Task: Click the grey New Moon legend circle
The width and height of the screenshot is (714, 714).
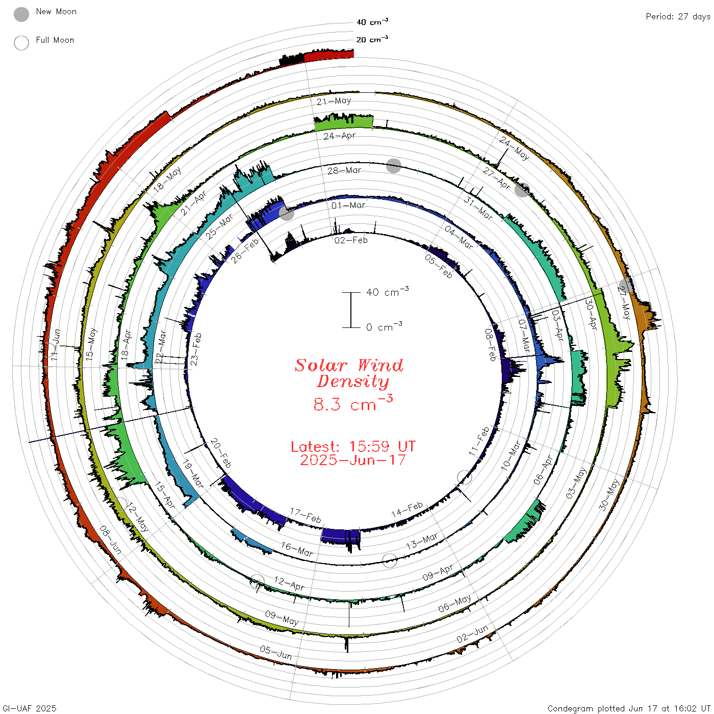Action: (21, 14)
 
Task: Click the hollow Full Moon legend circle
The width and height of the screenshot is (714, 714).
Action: (21, 43)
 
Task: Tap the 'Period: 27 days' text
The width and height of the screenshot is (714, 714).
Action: (678, 17)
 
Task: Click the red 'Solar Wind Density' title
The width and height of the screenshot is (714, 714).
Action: (349, 373)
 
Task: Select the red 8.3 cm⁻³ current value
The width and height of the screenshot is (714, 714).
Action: (353, 403)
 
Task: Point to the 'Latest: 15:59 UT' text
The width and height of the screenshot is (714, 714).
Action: (353, 446)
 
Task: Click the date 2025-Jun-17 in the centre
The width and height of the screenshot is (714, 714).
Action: (353, 460)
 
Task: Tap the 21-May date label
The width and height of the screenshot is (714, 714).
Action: (334, 101)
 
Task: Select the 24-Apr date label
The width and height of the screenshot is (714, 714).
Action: (339, 136)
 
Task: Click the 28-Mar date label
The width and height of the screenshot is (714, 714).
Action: (344, 170)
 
